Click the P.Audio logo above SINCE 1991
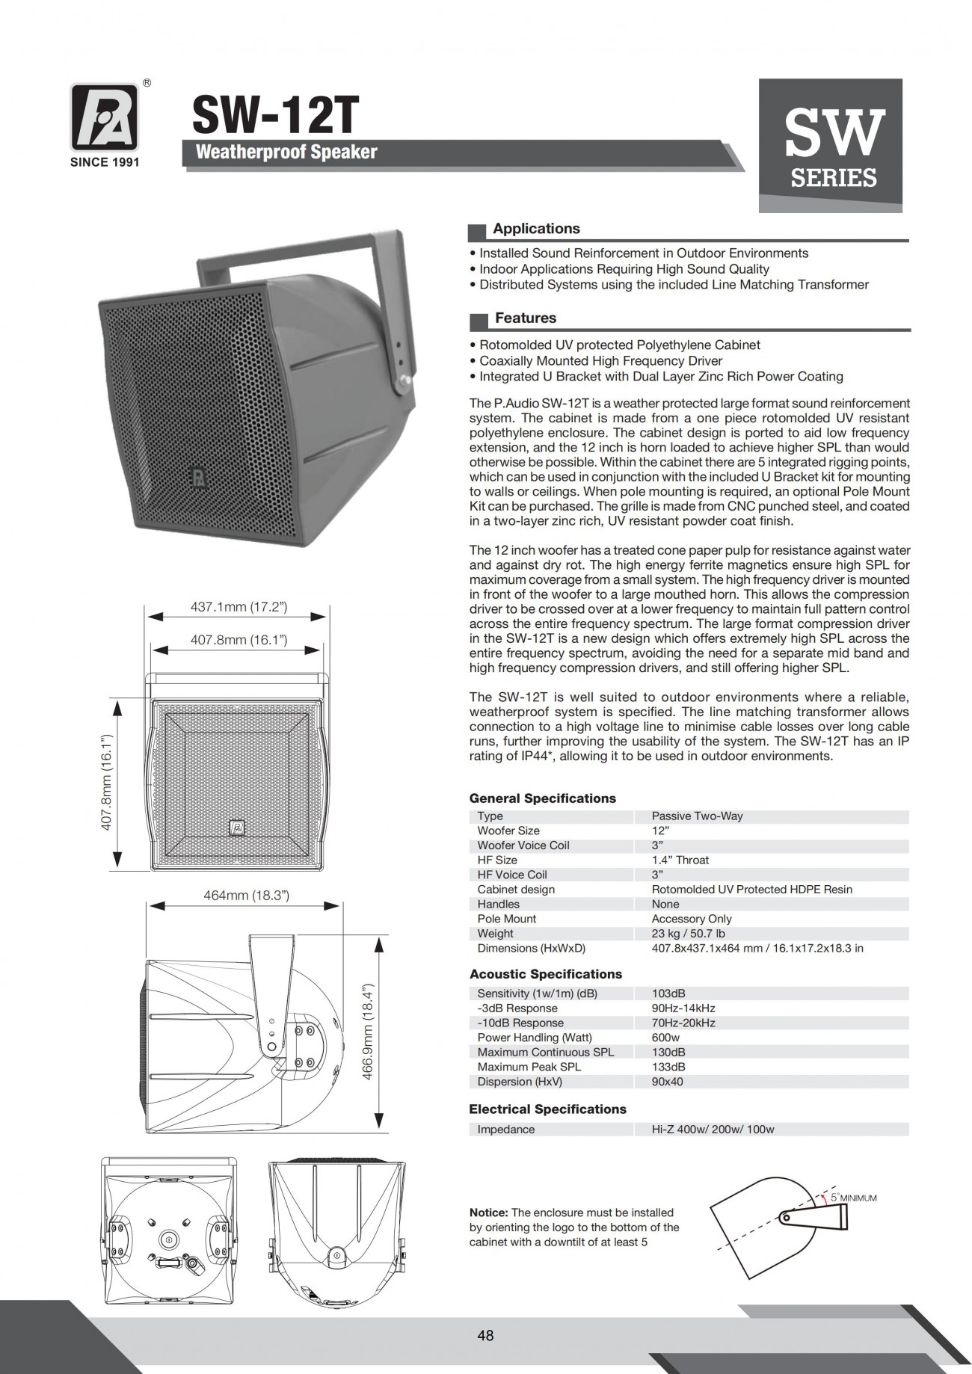click(105, 117)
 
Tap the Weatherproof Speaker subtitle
click(286, 153)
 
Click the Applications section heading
click(536, 229)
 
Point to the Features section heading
click(526, 318)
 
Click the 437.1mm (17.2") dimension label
click(239, 607)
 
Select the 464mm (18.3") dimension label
click(246, 895)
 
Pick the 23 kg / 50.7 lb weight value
click(688, 933)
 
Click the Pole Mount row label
click(507, 919)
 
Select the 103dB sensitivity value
click(668, 993)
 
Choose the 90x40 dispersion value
click(667, 1082)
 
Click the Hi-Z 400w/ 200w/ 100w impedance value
click(713, 1130)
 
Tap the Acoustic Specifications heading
click(545, 974)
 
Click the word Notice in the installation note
click(488, 1213)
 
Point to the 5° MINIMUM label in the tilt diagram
click(854, 1198)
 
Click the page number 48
click(485, 1336)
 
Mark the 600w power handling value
click(665, 1038)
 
